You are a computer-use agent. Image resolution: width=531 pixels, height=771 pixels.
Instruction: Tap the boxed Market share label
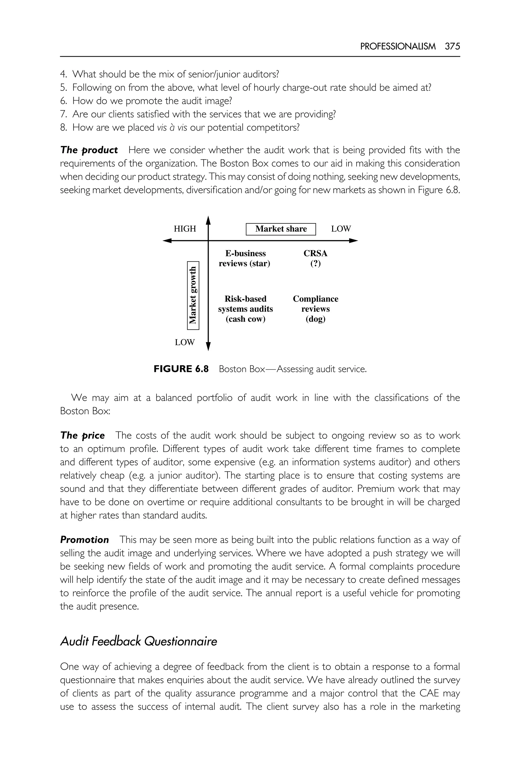pos(281,229)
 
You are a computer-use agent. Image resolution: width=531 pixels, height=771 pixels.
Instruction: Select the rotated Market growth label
pos(193,295)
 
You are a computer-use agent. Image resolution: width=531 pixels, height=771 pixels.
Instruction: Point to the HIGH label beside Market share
pos(185,229)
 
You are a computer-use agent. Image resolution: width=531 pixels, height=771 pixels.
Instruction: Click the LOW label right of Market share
pos(341,229)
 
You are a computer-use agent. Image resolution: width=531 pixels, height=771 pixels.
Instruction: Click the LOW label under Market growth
pos(185,342)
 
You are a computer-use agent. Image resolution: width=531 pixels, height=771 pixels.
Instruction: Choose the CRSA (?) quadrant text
pos(315,258)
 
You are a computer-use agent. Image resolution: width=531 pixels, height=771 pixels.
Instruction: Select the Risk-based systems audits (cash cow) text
pos(245,309)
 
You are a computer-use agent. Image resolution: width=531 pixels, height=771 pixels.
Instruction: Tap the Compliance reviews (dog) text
pos(315,309)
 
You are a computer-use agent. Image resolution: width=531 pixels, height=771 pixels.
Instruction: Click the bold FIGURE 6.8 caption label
pos(181,369)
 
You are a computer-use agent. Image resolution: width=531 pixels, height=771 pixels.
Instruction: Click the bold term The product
pos(89,150)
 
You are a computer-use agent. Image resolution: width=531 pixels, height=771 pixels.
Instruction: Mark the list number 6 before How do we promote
pos(63,101)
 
